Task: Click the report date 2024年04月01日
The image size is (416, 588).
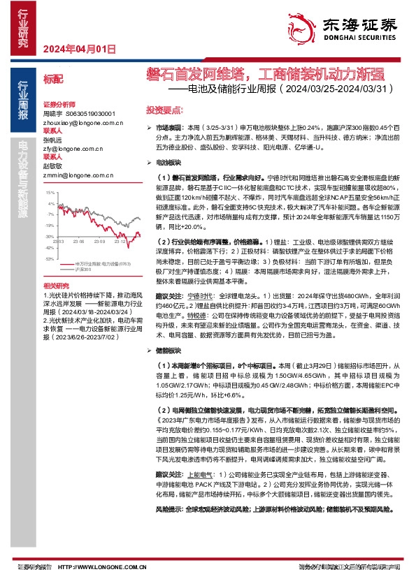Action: (79, 49)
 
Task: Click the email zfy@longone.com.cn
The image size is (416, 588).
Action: (73, 149)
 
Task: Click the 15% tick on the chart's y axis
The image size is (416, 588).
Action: (49, 191)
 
